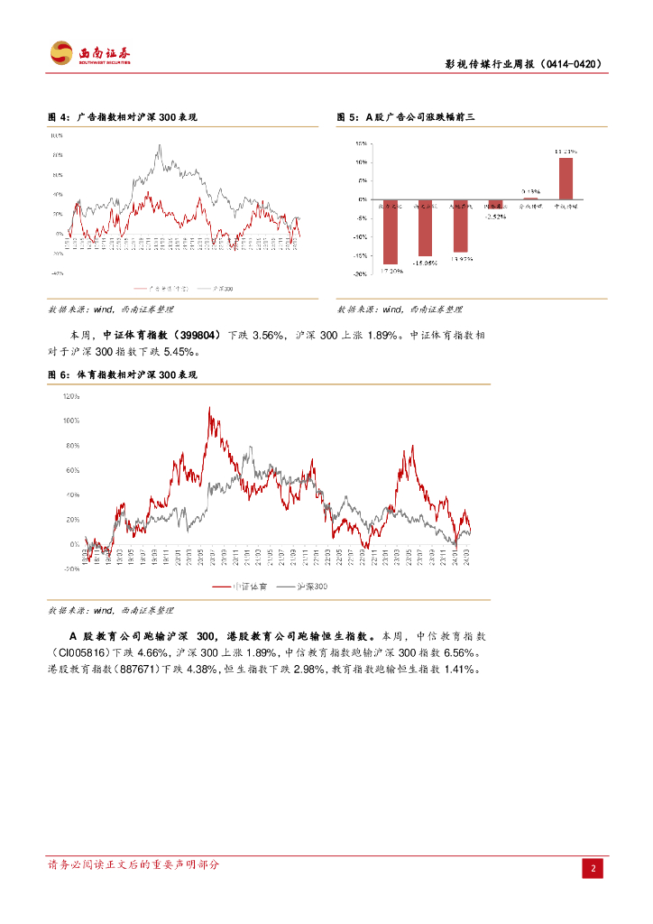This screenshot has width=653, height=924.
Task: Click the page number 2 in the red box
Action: coord(593,869)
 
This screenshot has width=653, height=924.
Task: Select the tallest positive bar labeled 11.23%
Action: coord(566,178)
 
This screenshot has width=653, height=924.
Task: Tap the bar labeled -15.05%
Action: coord(425,227)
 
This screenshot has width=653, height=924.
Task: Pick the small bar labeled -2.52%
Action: coord(495,204)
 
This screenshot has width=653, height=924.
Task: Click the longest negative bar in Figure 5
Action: coord(391,231)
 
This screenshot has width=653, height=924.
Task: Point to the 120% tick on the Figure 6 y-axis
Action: coord(70,395)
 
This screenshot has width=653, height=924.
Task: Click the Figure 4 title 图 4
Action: coord(58,118)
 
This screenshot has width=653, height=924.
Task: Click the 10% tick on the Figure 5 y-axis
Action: coord(360,162)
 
